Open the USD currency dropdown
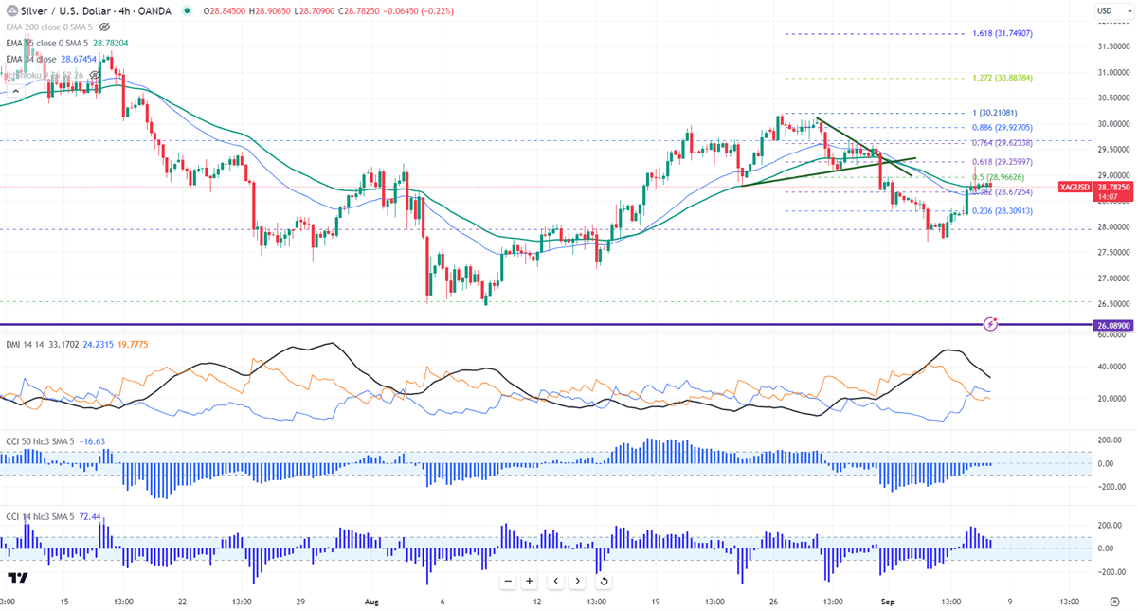tap(1105, 10)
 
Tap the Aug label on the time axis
tap(371, 601)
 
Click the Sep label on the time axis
tap(887, 601)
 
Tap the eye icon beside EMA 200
tap(104, 27)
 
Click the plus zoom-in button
tap(530, 581)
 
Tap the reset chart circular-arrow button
tap(604, 581)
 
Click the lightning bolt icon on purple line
tap(991, 323)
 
